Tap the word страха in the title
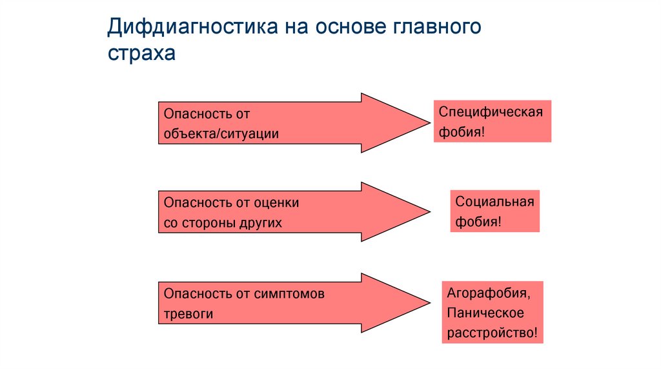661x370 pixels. tap(141, 55)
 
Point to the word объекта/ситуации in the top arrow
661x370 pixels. tap(221, 134)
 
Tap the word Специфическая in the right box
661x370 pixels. tap(491, 112)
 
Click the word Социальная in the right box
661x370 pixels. tap(494, 201)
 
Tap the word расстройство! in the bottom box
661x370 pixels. tap(492, 333)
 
